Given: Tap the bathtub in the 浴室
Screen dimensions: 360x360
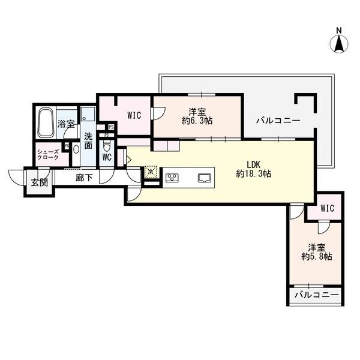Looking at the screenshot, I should pyautogui.click(x=46, y=122).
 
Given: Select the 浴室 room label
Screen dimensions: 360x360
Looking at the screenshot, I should pyautogui.click(x=66, y=124).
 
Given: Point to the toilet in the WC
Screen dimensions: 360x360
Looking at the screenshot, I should pyautogui.click(x=107, y=146).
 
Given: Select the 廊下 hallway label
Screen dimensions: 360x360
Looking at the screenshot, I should pyautogui.click(x=84, y=178).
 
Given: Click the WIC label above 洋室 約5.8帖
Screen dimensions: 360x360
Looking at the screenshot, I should pyautogui.click(x=327, y=208).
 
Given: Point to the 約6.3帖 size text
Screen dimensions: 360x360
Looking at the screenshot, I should pyautogui.click(x=198, y=121).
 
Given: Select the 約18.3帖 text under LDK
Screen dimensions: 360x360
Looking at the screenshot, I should pyautogui.click(x=253, y=173).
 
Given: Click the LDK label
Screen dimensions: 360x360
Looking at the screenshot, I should pyautogui.click(x=254, y=163).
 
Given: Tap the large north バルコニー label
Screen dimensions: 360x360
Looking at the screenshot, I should pyautogui.click(x=277, y=120).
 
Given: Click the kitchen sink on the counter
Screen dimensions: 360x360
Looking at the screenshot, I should pyautogui.click(x=204, y=177).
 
